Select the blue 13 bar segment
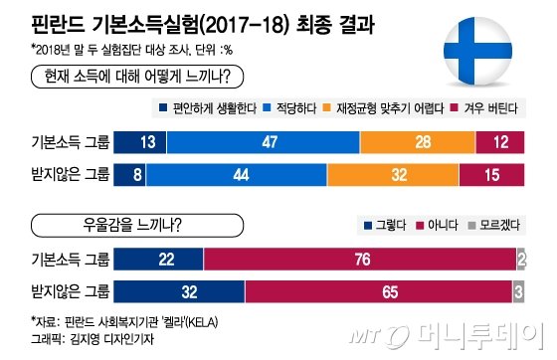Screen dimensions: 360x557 pos(147,141)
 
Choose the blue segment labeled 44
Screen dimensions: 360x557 pos(241,177)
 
